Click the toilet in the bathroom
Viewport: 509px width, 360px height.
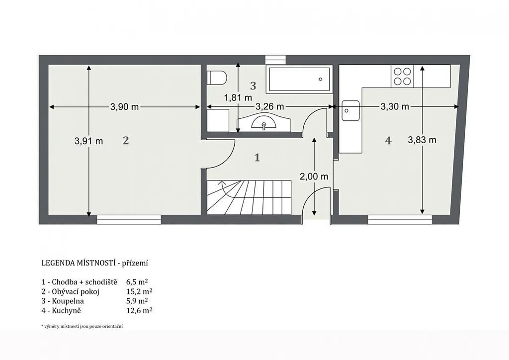217,78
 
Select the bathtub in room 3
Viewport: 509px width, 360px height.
299,79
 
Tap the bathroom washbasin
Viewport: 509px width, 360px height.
263,122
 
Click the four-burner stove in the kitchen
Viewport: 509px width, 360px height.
403,76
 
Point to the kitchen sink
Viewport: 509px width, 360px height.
350,111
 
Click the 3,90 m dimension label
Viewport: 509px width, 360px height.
125,107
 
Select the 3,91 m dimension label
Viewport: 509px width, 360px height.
88,141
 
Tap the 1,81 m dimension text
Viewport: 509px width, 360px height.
238,97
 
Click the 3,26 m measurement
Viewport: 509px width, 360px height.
270,106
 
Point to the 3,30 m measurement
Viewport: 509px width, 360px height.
395,106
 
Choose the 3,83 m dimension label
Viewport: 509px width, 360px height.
422,140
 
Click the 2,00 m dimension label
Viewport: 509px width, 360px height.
314,177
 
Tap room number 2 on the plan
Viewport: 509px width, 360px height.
126,141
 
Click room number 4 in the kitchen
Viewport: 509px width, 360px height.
388,141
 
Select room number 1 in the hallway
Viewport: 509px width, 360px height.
257,158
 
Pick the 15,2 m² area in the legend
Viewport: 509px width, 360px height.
139,291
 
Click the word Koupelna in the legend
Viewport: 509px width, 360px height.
68,301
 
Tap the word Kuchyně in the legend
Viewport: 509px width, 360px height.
66,311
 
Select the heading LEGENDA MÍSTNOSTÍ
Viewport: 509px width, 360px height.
79,263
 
